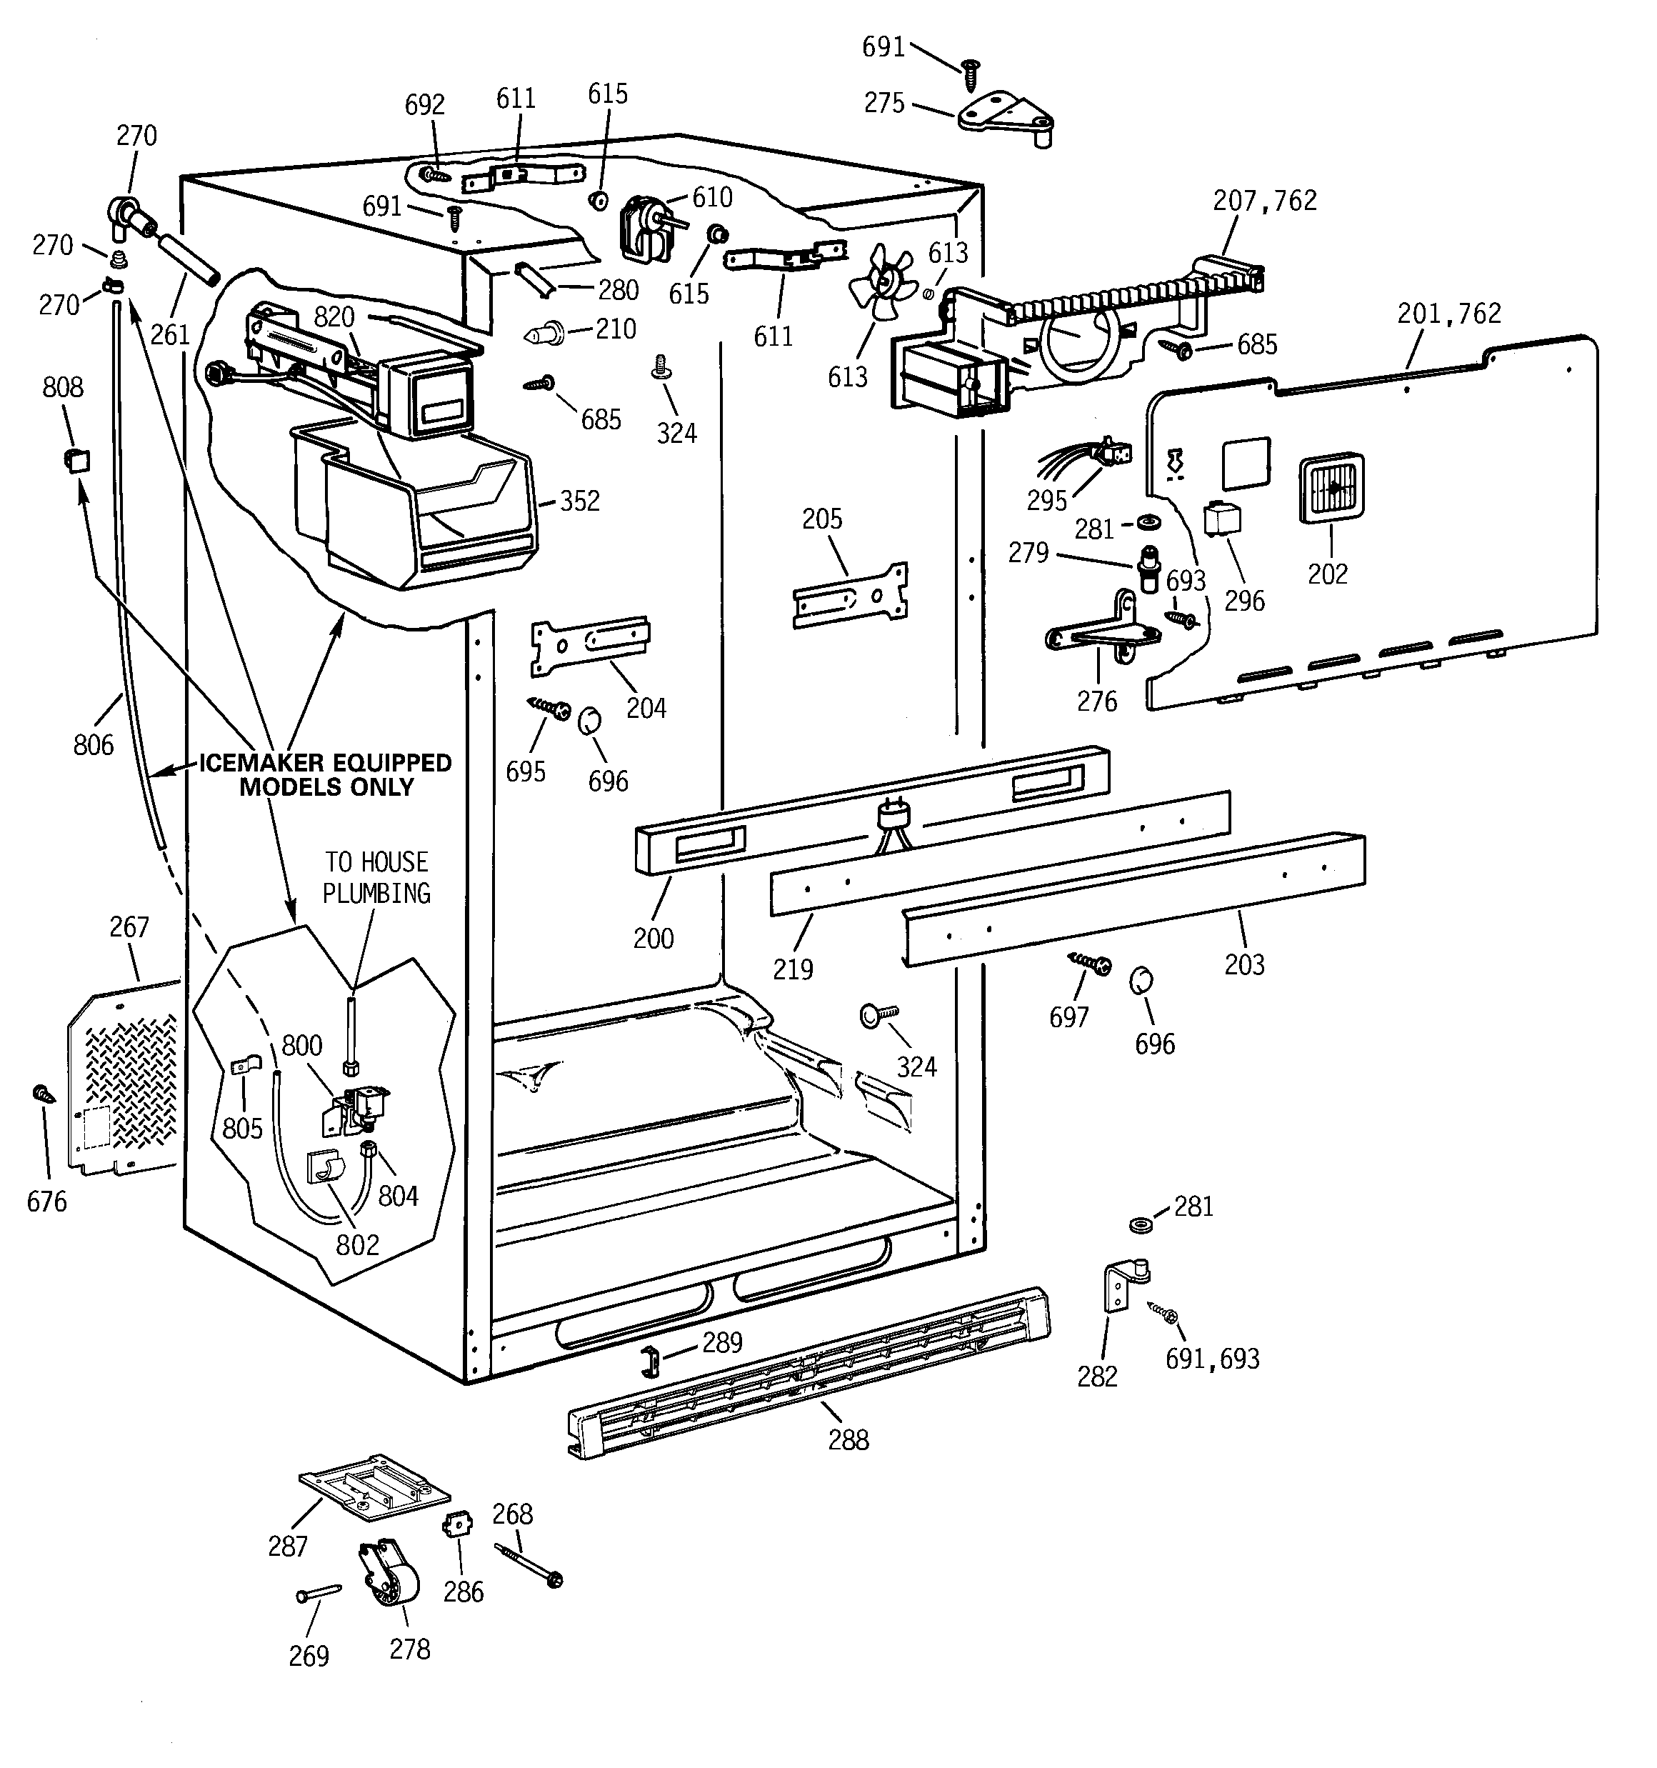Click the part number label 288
pyautogui.click(x=848, y=1440)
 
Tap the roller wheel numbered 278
pyautogui.click(x=389, y=1585)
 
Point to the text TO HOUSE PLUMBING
pyautogui.click(x=376, y=877)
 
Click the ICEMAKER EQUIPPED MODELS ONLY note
pyautogui.click(x=326, y=774)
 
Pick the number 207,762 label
pyautogui.click(x=1264, y=201)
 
